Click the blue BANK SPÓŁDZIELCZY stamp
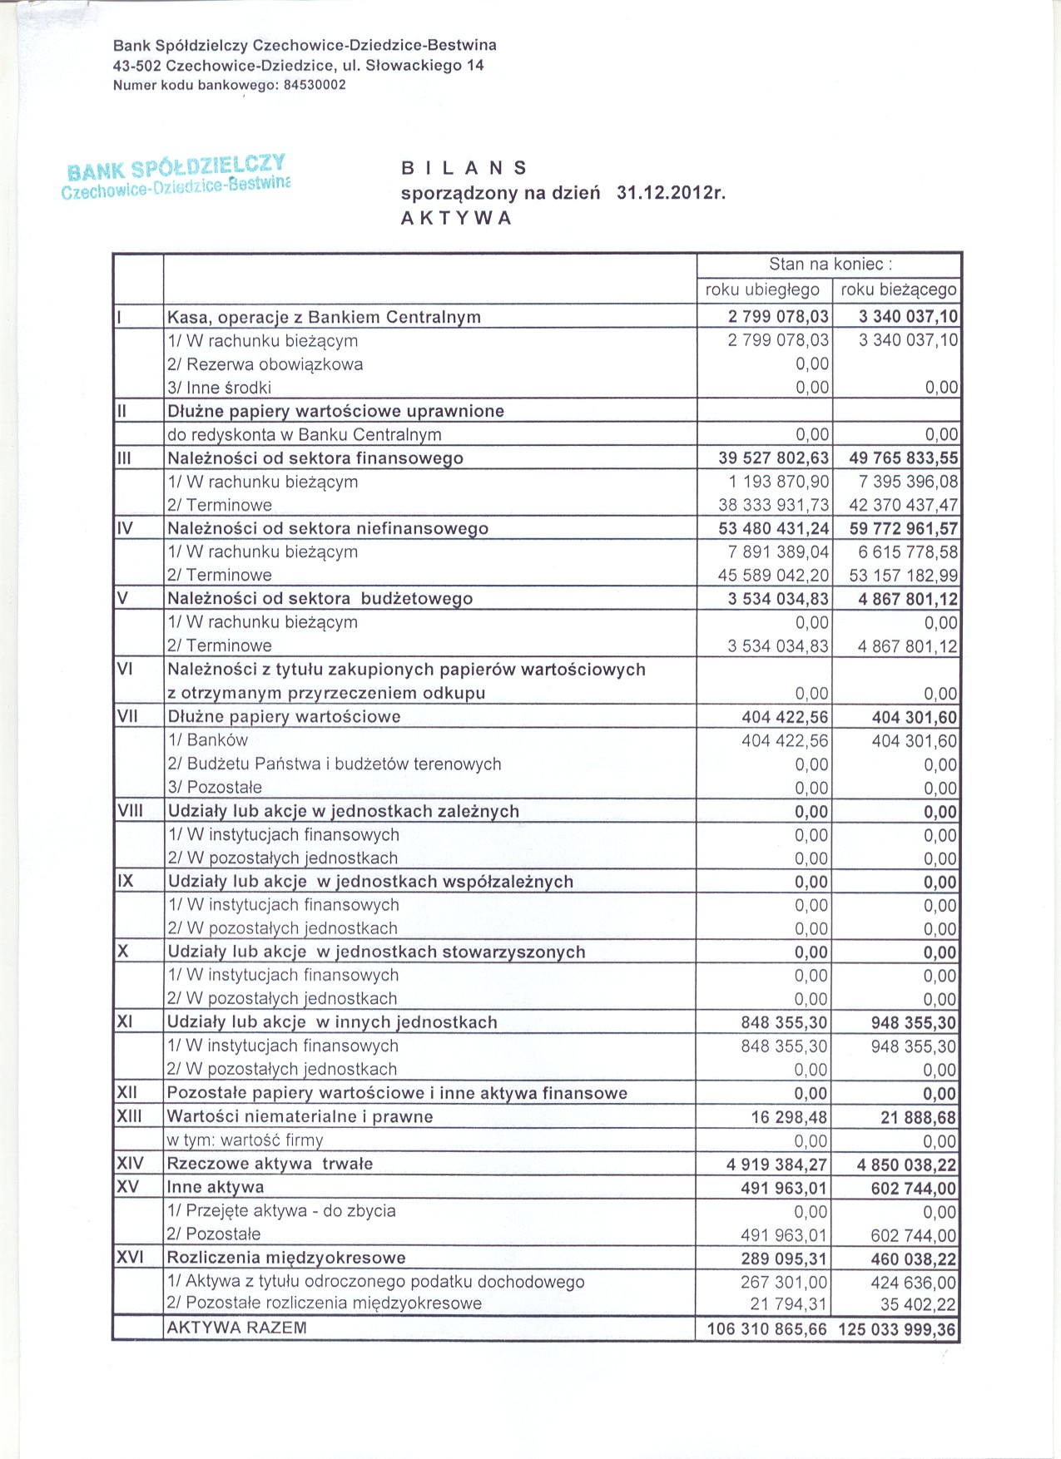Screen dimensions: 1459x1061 [176, 176]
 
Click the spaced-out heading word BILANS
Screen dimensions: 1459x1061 [464, 168]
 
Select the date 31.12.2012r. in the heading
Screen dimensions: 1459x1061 [672, 193]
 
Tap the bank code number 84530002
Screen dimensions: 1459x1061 [315, 85]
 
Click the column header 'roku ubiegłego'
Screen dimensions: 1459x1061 [762, 289]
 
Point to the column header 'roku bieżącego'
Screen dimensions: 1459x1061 [899, 289]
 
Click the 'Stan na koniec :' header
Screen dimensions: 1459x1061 [830, 265]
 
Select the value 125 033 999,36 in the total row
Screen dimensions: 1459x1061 [897, 1329]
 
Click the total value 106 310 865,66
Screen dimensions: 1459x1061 [766, 1329]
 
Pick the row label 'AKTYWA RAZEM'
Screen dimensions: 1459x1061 [237, 1328]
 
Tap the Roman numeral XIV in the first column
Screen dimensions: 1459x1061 [130, 1163]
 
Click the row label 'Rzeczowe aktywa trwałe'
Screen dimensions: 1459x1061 [270, 1164]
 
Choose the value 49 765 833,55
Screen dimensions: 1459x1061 [904, 458]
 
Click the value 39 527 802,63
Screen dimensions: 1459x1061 [773, 458]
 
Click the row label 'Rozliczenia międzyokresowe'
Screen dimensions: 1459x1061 [286, 1258]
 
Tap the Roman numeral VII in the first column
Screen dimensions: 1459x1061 [127, 716]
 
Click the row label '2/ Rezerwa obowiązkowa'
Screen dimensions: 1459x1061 [265, 364]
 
